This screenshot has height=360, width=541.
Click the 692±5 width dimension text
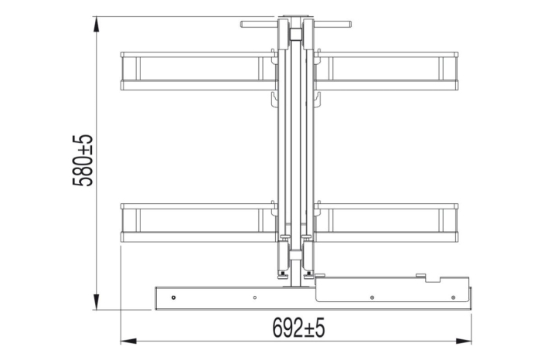(x=298, y=328)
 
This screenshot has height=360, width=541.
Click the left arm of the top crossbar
(x=259, y=24)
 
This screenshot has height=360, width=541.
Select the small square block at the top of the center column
(x=295, y=35)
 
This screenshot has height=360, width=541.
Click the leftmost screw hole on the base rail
(x=175, y=297)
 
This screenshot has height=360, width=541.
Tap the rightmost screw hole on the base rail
(x=453, y=297)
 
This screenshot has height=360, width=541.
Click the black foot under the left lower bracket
(x=282, y=273)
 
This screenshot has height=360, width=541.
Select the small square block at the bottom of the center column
(x=295, y=256)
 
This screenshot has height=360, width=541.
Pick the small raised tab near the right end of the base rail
(x=420, y=275)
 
